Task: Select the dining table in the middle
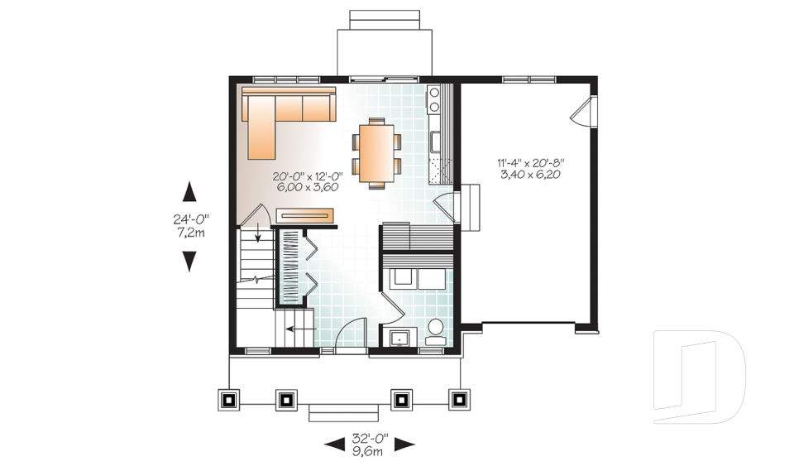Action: (x=376, y=151)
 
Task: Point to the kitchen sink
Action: (x=434, y=142)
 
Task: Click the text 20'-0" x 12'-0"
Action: (x=307, y=176)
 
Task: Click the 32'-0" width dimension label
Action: (x=369, y=438)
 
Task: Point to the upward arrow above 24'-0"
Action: (x=189, y=192)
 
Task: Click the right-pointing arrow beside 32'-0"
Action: (x=404, y=445)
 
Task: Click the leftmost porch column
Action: (x=229, y=399)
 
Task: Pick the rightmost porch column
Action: (x=457, y=399)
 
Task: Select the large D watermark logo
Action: (x=699, y=377)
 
